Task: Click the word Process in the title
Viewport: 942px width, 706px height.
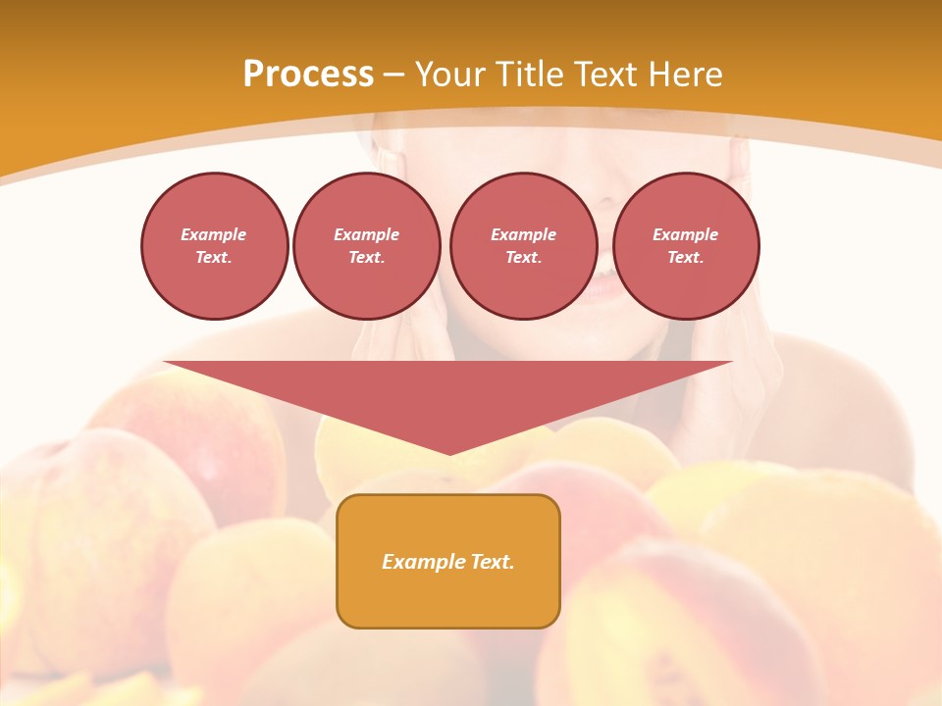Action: pos(308,75)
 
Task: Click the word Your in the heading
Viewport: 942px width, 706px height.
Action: pos(450,75)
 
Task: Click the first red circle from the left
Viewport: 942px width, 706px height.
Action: pos(215,246)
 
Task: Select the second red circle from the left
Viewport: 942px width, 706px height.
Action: pos(367,246)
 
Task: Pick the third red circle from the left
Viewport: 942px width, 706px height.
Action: pos(523,246)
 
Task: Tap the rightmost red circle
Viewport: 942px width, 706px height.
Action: pos(686,246)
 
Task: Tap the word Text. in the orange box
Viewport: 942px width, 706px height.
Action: pos(494,562)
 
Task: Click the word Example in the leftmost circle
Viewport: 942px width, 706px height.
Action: pos(214,234)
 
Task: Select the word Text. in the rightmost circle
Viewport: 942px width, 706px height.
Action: pos(686,258)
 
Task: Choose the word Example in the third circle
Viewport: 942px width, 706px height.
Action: pos(523,234)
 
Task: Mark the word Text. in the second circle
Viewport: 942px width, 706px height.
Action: pos(367,258)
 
